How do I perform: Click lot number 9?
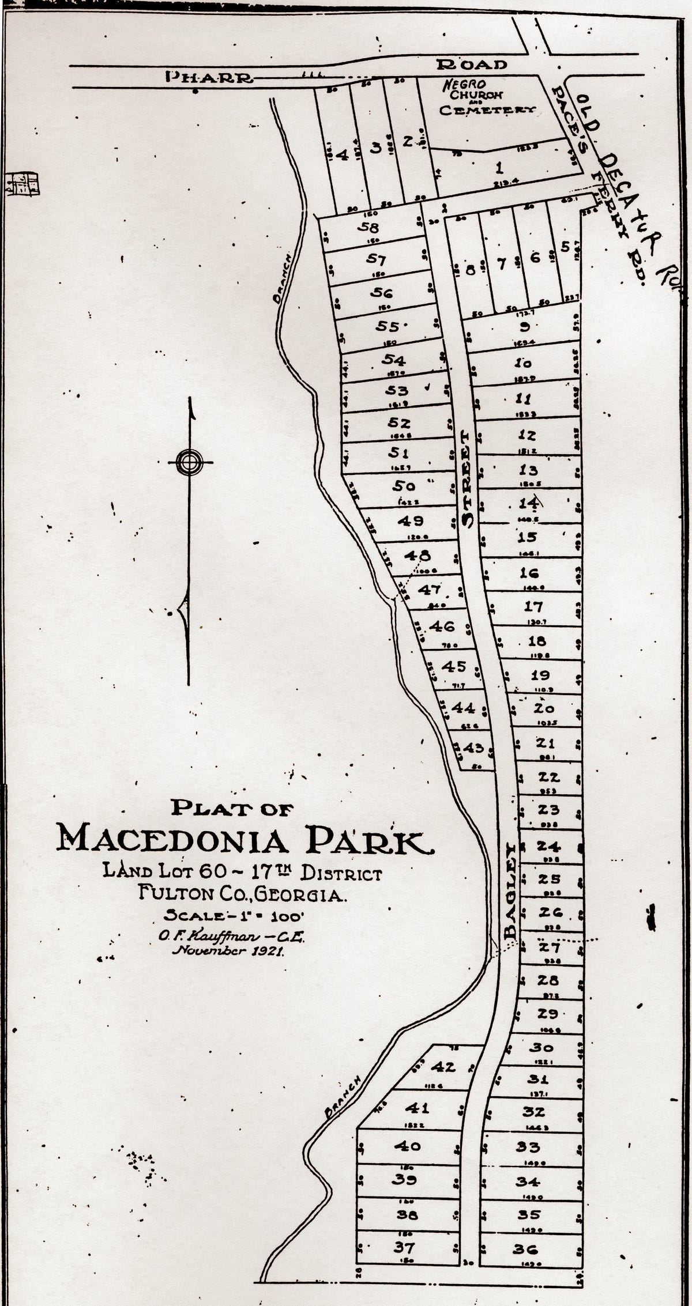click(x=525, y=327)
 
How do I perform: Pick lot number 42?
click(x=443, y=1051)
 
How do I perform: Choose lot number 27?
click(x=549, y=946)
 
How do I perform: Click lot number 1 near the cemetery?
click(x=499, y=168)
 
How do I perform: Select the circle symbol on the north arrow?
click(x=190, y=461)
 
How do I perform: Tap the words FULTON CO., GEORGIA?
click(x=242, y=894)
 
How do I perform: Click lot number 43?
click(x=473, y=748)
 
